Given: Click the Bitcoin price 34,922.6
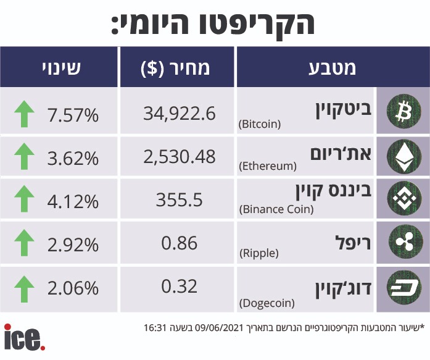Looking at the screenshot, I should click(179, 113).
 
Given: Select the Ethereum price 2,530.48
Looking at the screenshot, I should click(179, 156).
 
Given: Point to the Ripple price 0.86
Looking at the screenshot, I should click(180, 243).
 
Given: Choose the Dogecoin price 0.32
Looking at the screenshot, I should click(180, 287).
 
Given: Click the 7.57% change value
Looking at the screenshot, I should click(73, 114).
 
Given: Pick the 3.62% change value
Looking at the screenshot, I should click(73, 158).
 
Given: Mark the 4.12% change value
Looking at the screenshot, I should click(73, 201).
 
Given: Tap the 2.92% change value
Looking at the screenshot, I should click(73, 245).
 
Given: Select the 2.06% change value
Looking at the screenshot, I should click(73, 288).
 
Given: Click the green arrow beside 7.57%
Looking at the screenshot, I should click(25, 114).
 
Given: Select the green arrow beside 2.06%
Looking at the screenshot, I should click(25, 288).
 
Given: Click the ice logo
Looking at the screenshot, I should click(24, 338).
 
